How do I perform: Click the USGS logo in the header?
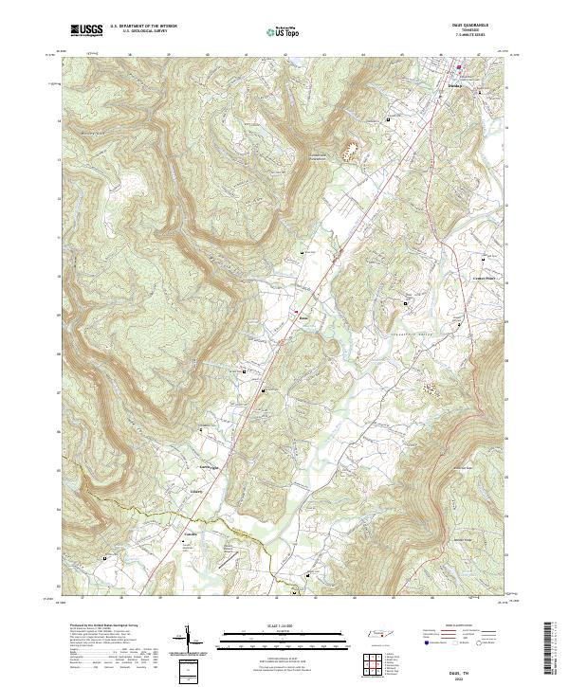(x=86, y=31)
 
